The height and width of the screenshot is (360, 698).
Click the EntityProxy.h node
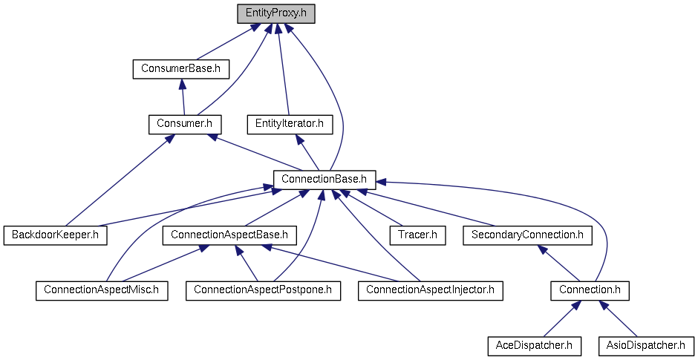[x=275, y=13]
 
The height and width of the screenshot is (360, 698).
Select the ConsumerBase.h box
[x=180, y=69]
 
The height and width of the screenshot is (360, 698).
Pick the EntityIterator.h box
[x=290, y=123]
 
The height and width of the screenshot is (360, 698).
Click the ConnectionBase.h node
[x=324, y=179]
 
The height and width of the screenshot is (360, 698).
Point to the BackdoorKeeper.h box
[x=55, y=235]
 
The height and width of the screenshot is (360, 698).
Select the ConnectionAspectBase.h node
[x=229, y=235]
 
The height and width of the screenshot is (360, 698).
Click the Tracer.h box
[x=417, y=235]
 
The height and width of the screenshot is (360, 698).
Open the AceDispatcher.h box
[x=534, y=345]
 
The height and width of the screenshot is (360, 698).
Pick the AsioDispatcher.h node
[x=645, y=345]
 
